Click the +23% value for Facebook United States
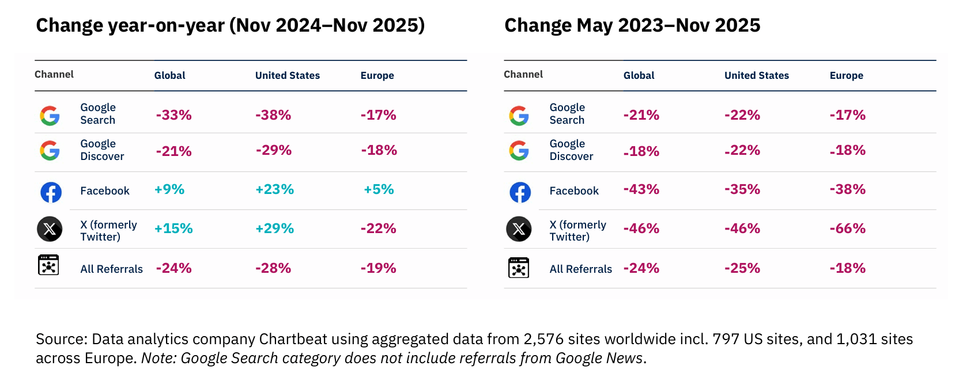click(274, 189)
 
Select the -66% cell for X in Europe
click(848, 228)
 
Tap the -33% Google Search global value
click(173, 115)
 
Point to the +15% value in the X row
click(173, 228)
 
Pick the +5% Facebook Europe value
click(379, 189)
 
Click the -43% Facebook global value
click(641, 189)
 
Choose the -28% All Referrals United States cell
click(273, 268)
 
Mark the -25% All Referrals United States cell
click(742, 268)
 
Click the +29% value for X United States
click(274, 228)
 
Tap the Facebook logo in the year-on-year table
click(51, 192)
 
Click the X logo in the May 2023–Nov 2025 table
click(519, 228)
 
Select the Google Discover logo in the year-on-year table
click(50, 151)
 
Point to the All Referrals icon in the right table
click(519, 268)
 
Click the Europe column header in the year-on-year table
click(377, 76)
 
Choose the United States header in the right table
click(757, 76)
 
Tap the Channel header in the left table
click(54, 74)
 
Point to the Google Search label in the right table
click(567, 114)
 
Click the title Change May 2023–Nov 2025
click(632, 25)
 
